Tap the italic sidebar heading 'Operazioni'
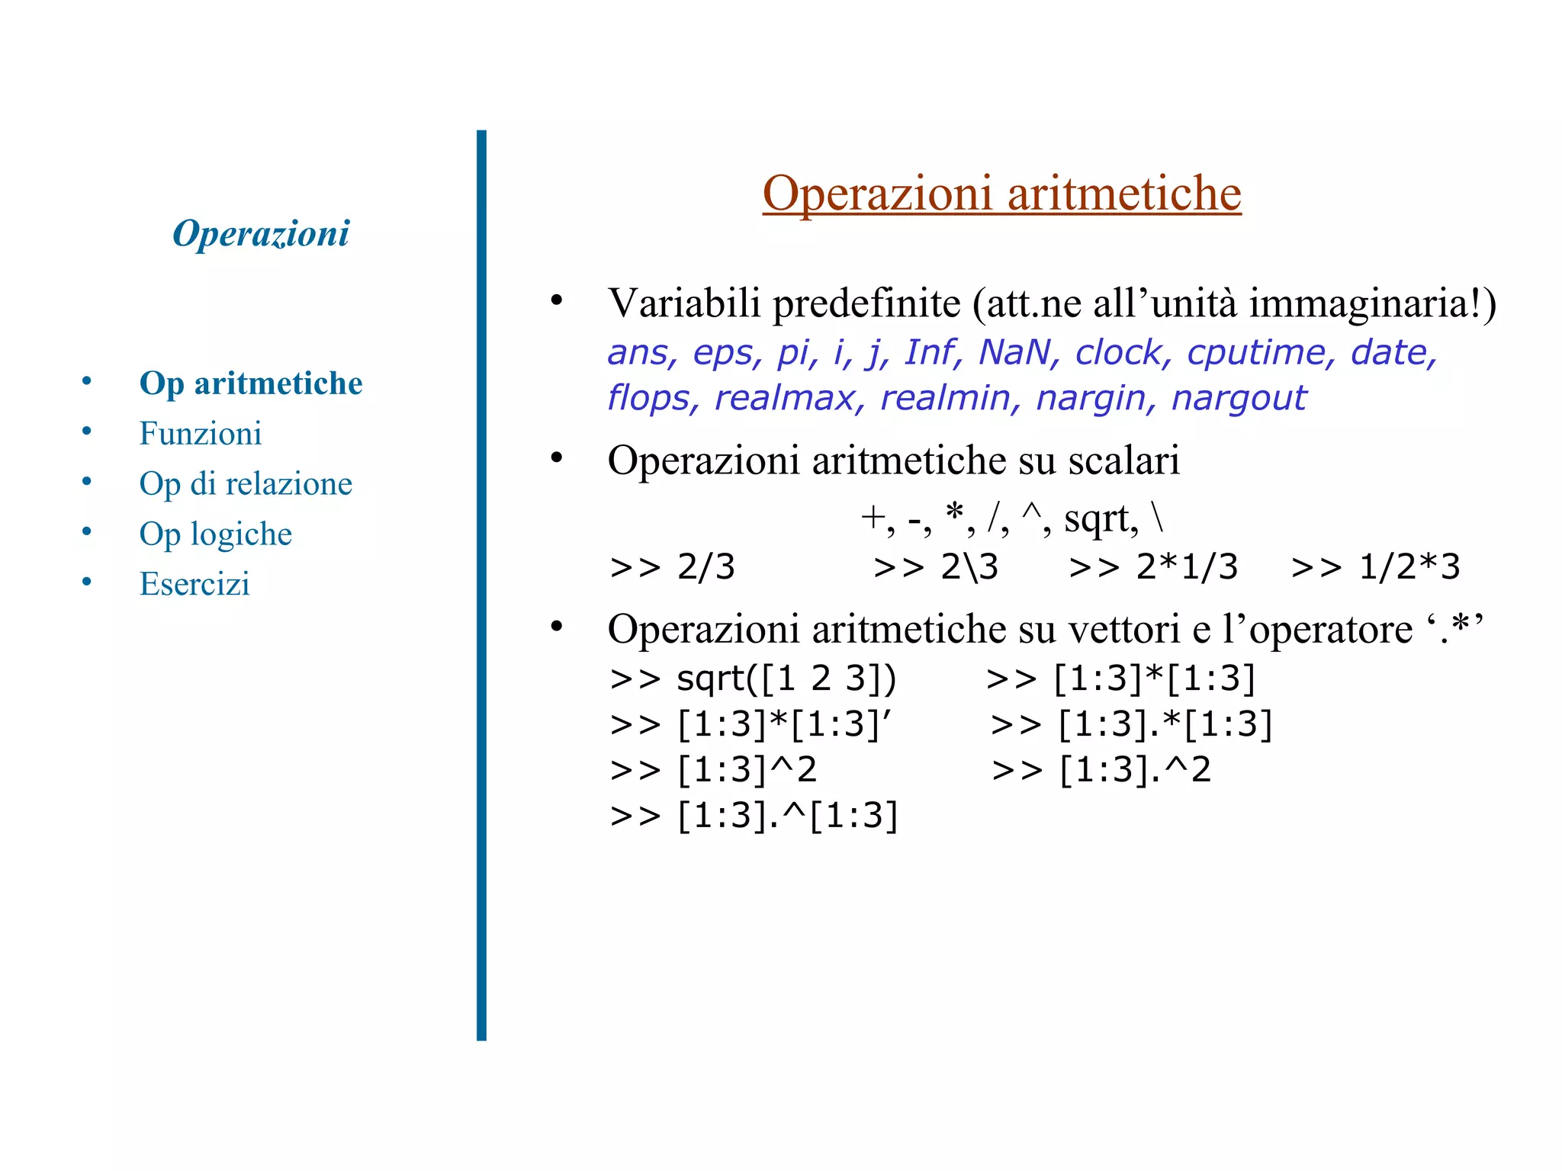261,233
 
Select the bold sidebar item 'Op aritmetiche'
251,383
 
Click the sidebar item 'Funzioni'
200,433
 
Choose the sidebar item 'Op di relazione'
246,483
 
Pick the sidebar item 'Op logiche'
215,534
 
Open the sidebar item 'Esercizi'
194,584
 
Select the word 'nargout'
1239,398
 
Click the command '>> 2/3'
672,567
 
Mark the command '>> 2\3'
936,567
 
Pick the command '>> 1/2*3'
1375,567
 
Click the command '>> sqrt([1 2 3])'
753,679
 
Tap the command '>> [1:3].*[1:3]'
1131,724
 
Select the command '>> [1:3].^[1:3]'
754,816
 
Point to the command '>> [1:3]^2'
713,770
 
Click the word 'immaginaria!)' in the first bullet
1373,303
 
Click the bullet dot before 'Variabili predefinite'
557,300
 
